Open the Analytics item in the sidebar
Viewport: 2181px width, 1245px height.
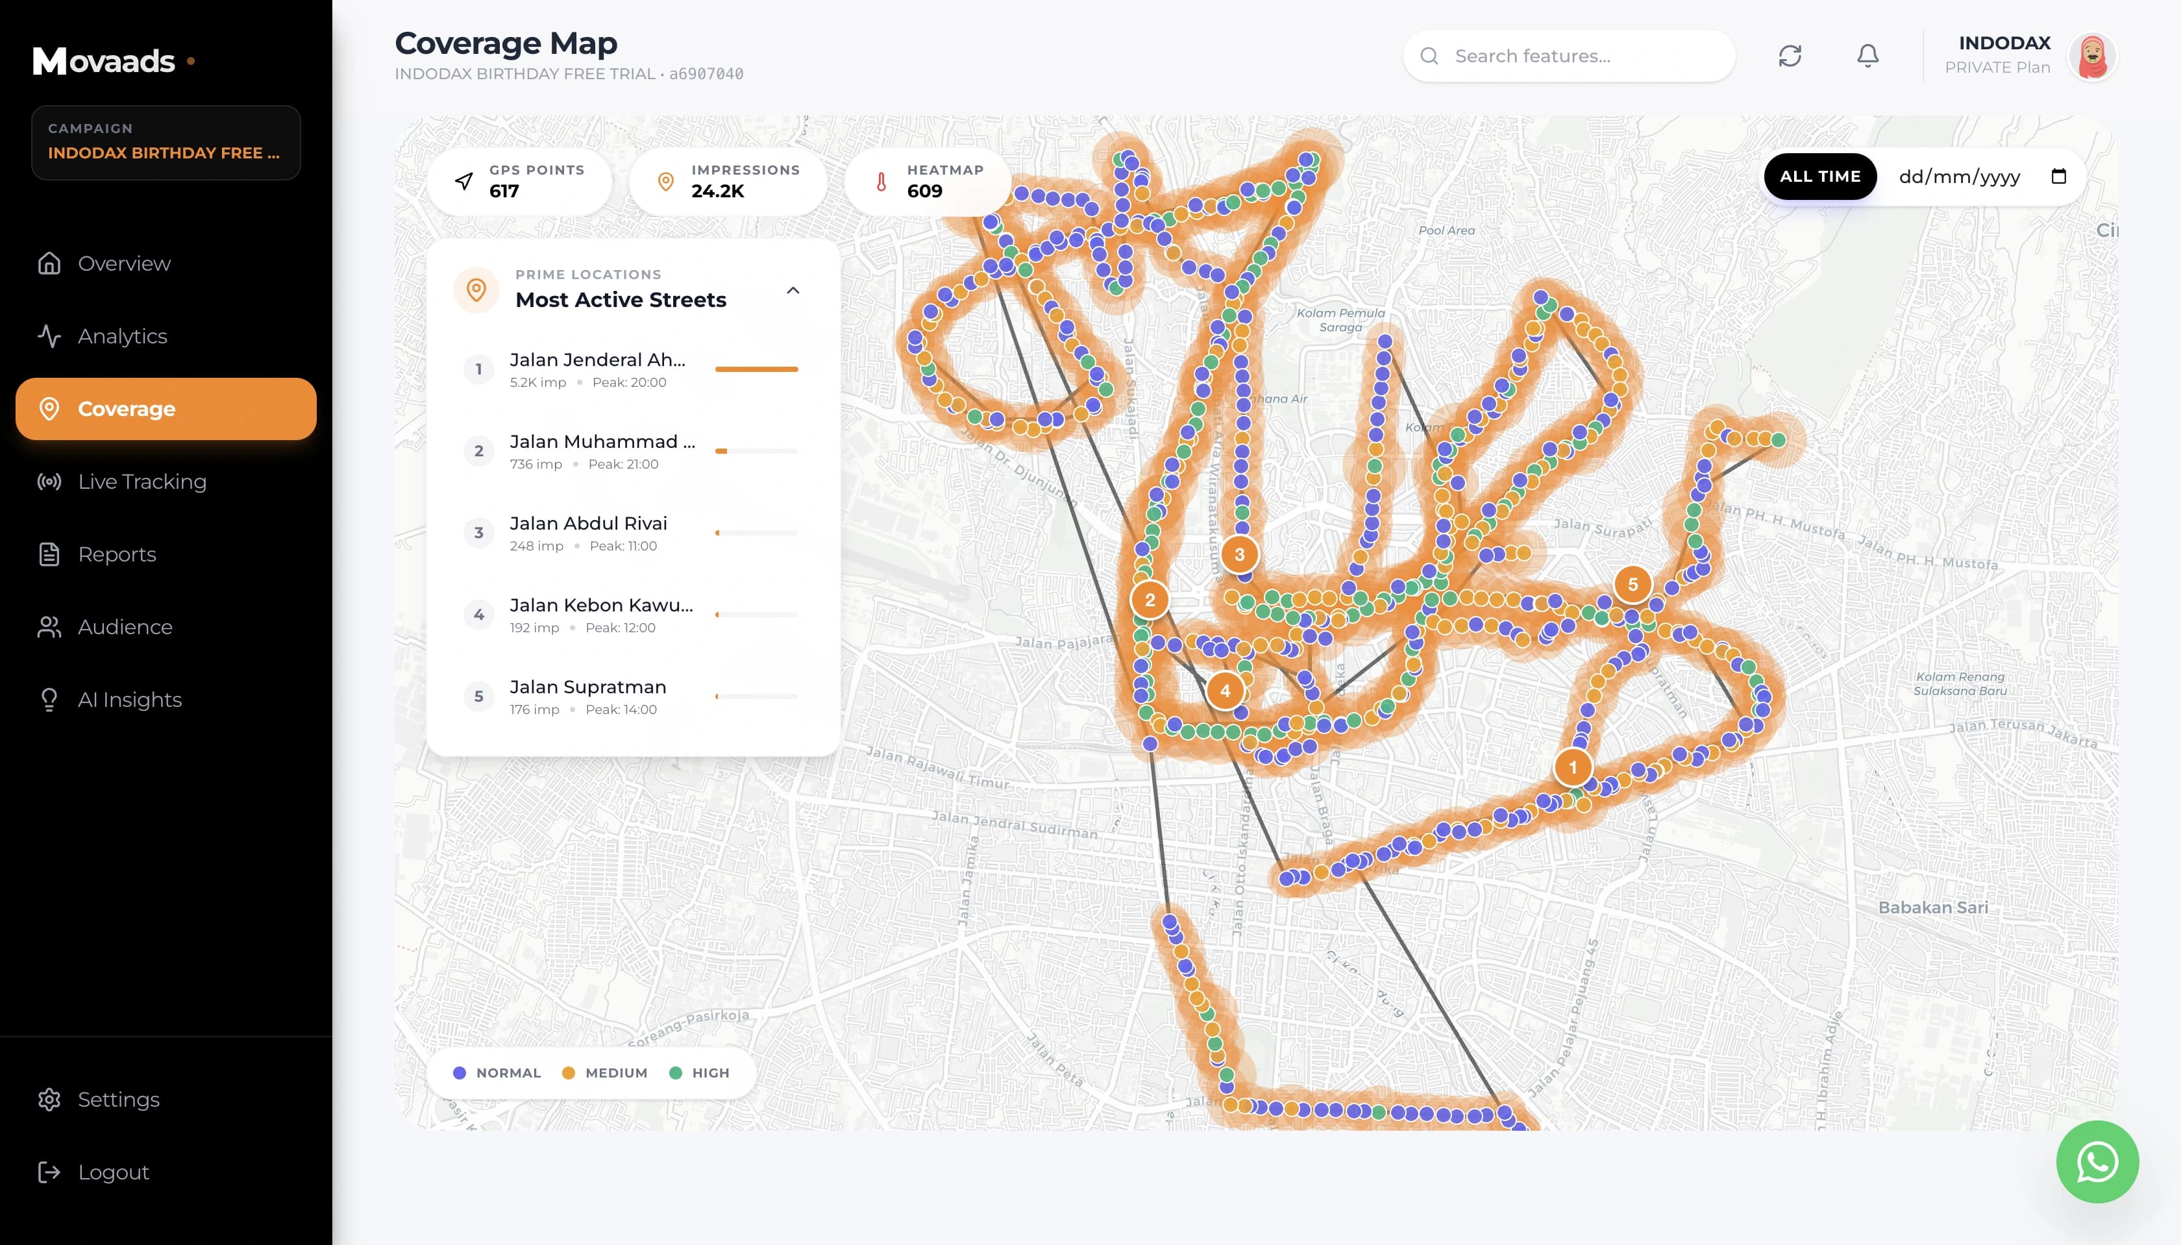pyautogui.click(x=122, y=336)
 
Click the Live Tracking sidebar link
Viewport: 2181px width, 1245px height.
pyautogui.click(x=142, y=482)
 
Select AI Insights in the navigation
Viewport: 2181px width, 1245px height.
pyautogui.click(x=129, y=700)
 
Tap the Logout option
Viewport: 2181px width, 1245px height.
pyautogui.click(x=113, y=1172)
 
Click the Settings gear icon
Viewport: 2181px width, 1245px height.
pyautogui.click(x=49, y=1100)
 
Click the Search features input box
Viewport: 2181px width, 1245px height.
pyautogui.click(x=1582, y=56)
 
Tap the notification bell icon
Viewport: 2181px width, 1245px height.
pyautogui.click(x=1867, y=56)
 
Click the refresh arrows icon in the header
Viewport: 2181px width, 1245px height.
pyautogui.click(x=1790, y=56)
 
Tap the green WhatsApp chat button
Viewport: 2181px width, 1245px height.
pyautogui.click(x=2097, y=1161)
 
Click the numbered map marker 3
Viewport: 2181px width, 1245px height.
pyautogui.click(x=1239, y=555)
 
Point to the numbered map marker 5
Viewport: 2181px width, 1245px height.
pyautogui.click(x=1632, y=585)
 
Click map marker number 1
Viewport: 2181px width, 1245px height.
pyautogui.click(x=1572, y=768)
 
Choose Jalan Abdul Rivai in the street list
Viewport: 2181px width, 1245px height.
pyautogui.click(x=588, y=523)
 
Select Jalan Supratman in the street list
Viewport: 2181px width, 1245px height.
pyautogui.click(x=587, y=687)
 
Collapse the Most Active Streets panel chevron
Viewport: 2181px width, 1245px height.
pyautogui.click(x=793, y=291)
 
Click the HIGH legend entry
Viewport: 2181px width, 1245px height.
pyautogui.click(x=700, y=1073)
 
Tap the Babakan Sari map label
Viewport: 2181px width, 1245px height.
pyautogui.click(x=1932, y=908)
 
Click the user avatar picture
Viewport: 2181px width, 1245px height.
pyautogui.click(x=2091, y=56)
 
